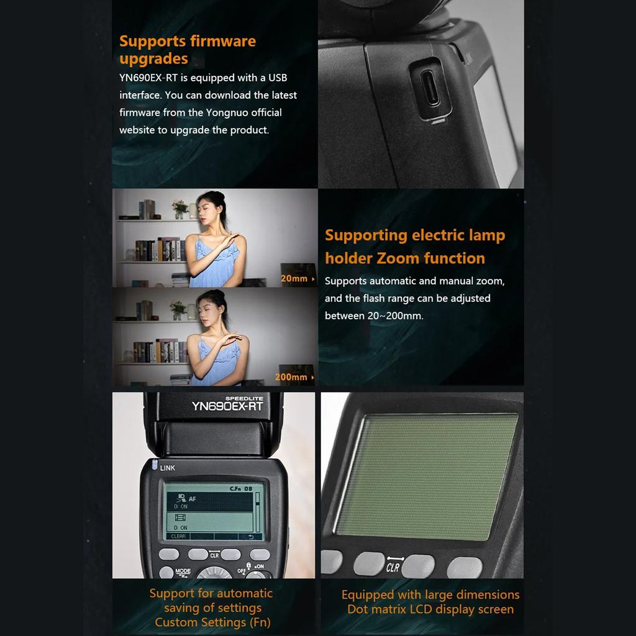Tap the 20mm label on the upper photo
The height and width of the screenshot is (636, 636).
coord(294,279)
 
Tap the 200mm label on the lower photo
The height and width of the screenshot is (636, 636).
coord(291,377)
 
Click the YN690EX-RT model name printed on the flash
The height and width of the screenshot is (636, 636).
coord(227,407)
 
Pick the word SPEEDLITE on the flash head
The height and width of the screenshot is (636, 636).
coord(243,397)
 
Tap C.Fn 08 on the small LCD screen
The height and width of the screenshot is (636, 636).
coord(241,489)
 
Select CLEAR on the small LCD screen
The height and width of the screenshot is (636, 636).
coord(178,536)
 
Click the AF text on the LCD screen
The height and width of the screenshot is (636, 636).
coord(193,498)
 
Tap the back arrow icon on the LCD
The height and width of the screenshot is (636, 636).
coord(251,536)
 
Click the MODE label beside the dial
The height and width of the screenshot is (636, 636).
coord(183,571)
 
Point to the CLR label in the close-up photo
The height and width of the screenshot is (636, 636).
coord(393,566)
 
